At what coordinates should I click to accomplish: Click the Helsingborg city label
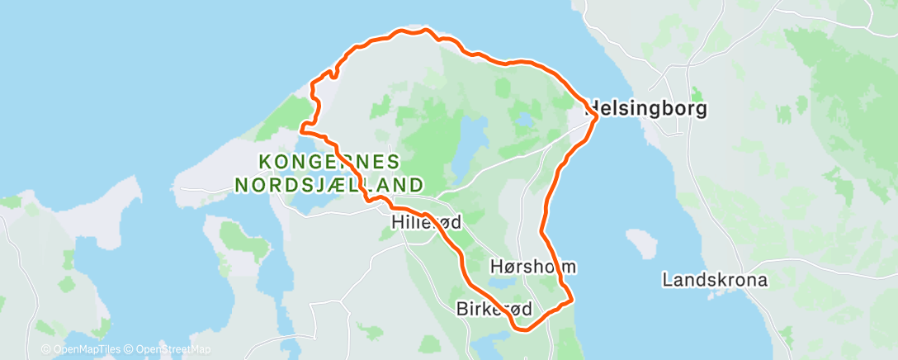pyautogui.click(x=646, y=109)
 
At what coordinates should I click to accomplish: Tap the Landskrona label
pyautogui.click(x=715, y=280)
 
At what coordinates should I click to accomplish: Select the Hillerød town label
pyautogui.click(x=426, y=222)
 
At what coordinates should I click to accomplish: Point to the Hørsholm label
pyautogui.click(x=532, y=267)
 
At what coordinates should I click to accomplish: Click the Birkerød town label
pyautogui.click(x=494, y=309)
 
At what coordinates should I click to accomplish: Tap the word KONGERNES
pyautogui.click(x=329, y=162)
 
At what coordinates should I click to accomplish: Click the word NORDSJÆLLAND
pyautogui.click(x=330, y=183)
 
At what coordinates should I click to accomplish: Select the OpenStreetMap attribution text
pyautogui.click(x=173, y=349)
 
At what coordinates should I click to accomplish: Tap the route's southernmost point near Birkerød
pyautogui.click(x=522, y=329)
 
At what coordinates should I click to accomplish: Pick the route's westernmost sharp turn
pyautogui.click(x=302, y=129)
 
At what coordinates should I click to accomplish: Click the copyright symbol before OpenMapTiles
pyautogui.click(x=45, y=349)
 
